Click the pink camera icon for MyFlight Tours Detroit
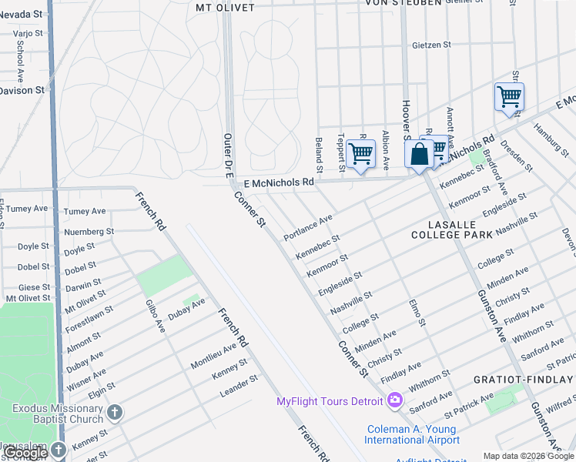(x=395, y=400)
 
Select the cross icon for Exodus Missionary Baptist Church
(x=115, y=413)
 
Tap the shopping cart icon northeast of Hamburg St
(x=509, y=97)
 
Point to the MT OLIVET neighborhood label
(x=224, y=8)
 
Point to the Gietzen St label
(x=431, y=45)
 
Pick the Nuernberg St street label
(x=89, y=231)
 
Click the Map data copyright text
(x=528, y=456)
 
